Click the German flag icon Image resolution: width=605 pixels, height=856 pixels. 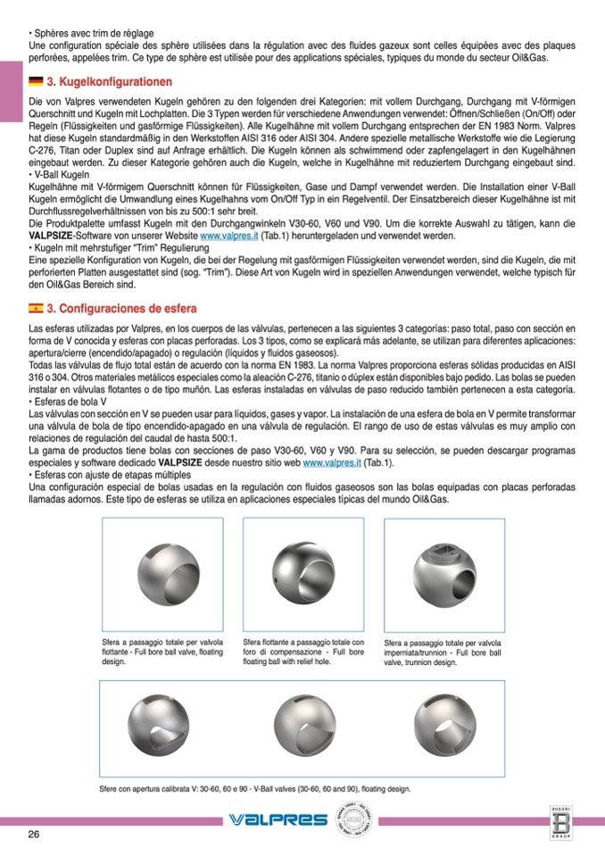[x=36, y=82]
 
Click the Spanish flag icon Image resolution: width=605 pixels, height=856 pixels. [x=36, y=309]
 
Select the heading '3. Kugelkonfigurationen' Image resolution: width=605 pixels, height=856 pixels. [x=109, y=82]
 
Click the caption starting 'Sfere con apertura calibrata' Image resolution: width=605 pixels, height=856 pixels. [x=256, y=789]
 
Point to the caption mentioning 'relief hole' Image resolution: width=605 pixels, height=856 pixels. [x=302, y=652]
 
